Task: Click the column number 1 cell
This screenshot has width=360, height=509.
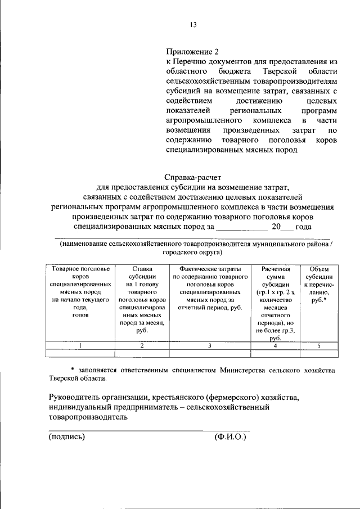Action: click(80, 346)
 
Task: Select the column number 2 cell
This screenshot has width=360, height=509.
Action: click(142, 346)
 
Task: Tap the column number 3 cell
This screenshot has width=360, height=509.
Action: click(210, 346)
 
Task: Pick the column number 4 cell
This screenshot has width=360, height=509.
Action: click(274, 346)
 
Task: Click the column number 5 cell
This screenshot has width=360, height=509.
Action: click(319, 346)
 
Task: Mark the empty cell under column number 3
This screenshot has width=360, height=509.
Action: click(210, 354)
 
